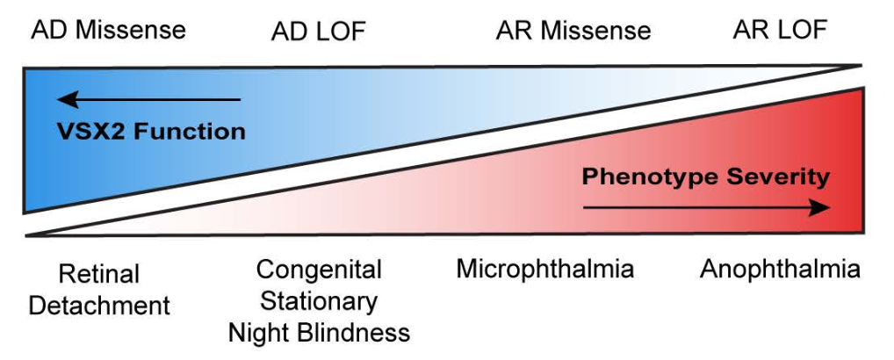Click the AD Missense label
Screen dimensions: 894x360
pyautogui.click(x=109, y=30)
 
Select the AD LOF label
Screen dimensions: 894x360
pyautogui.click(x=318, y=32)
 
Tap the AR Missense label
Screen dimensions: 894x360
pyautogui.click(x=573, y=32)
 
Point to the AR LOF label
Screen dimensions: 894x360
pyautogui.click(x=780, y=30)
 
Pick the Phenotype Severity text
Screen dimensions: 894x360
pyautogui.click(x=705, y=177)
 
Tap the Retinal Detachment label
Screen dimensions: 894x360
pyautogui.click(x=99, y=290)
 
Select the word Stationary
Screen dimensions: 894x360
pyautogui.click(x=319, y=301)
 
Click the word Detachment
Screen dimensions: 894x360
pyautogui.click(x=99, y=306)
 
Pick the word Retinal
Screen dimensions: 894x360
pyautogui.click(x=99, y=274)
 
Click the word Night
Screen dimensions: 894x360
pyautogui.click(x=260, y=333)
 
